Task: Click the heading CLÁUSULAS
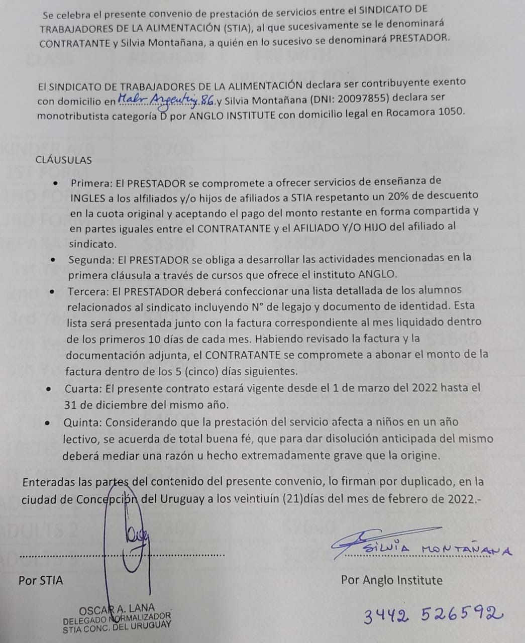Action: coord(64,160)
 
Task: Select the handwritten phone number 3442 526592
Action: coord(433,614)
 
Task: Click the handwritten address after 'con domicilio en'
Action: coord(166,100)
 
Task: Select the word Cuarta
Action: coord(83,389)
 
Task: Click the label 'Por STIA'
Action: coord(41,581)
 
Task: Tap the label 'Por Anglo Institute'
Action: coord(391,581)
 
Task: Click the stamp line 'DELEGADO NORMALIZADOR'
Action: coord(117,618)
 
